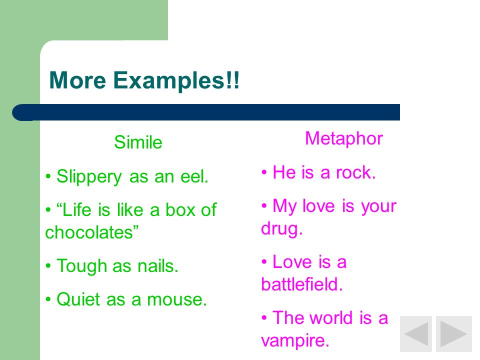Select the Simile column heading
coord(138,142)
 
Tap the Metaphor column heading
coord(344,138)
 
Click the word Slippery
coord(89,177)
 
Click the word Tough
coord(81,266)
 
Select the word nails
coord(157,265)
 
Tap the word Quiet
coord(78,299)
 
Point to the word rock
coord(355,172)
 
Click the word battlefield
coord(302,284)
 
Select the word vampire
coord(295,340)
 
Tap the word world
coord(331,317)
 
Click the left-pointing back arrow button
coord(416,334)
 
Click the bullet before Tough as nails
coord(48,266)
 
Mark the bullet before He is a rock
coord(264,172)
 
